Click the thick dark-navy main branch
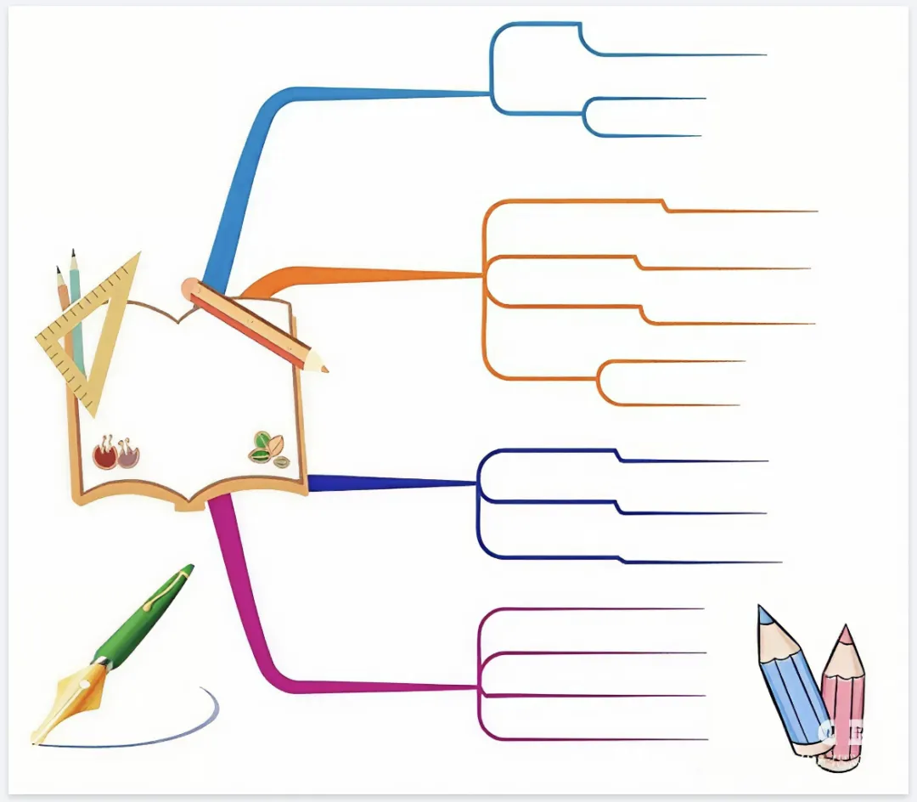point(382,483)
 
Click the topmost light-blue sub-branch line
point(679,55)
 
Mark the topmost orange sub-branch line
point(739,211)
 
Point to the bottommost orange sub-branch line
point(671,404)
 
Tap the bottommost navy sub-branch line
point(705,562)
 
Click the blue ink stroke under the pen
point(170,736)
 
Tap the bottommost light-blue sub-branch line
point(645,136)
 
